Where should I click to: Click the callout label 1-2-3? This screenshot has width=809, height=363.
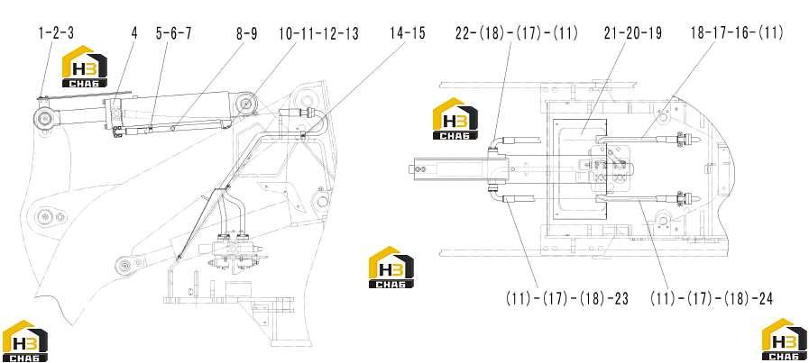pos(56,33)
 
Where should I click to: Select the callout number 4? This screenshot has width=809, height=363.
pos(134,33)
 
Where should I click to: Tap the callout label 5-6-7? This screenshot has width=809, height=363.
pos(173,33)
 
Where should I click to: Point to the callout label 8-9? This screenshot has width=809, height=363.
pos(246,33)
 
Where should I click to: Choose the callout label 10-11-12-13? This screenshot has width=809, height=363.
pos(318,33)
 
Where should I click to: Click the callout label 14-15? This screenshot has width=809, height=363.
pos(408,33)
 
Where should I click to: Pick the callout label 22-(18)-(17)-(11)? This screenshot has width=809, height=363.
pos(517,33)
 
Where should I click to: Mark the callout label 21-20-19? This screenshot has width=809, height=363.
pos(632,33)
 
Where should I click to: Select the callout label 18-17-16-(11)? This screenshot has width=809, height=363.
pos(737,33)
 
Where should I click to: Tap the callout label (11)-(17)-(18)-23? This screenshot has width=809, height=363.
pos(567,298)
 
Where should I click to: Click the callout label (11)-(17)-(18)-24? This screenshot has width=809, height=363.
pos(712,298)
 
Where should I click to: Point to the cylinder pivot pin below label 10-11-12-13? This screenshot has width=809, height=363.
pos(246,104)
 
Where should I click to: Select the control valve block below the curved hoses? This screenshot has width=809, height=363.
pos(234,251)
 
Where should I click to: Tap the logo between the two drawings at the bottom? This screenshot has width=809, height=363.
pos(391,268)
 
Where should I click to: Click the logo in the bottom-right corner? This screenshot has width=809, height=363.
pos(785,340)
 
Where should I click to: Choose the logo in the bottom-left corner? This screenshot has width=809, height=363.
pos(24,340)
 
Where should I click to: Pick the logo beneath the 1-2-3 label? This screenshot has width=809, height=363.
pos(85,67)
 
